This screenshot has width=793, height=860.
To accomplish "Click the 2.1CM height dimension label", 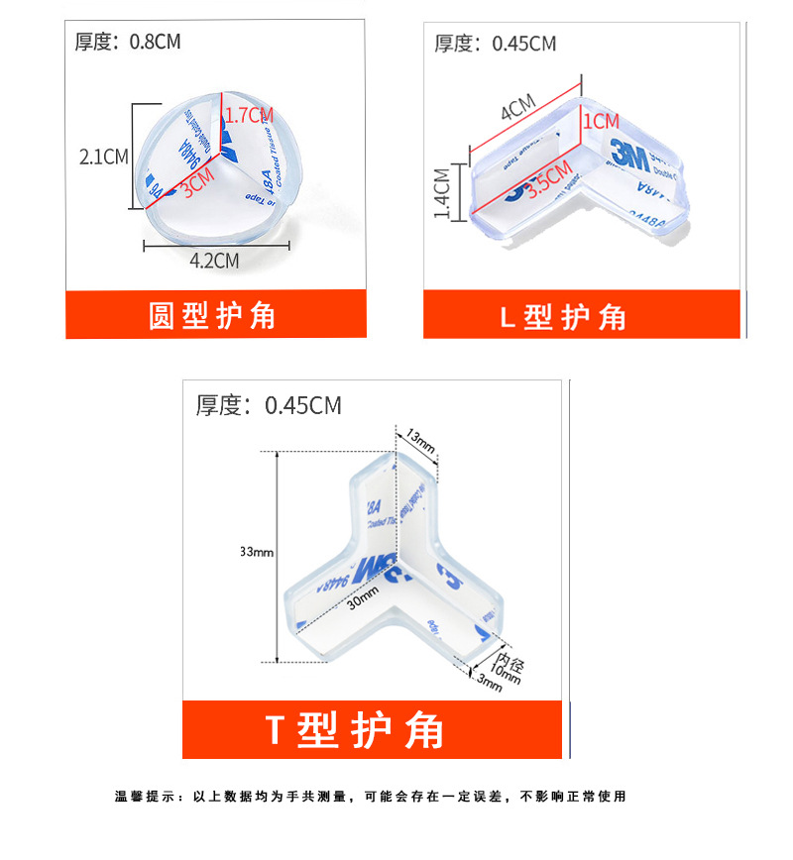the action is pyautogui.click(x=104, y=157).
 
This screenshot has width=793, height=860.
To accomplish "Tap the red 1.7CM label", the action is pyautogui.click(x=249, y=115).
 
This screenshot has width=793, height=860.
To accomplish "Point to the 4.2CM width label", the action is pyautogui.click(x=215, y=261).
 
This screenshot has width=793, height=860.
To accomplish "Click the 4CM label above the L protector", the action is pyautogui.click(x=517, y=106).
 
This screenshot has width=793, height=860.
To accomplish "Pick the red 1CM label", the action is pyautogui.click(x=601, y=121).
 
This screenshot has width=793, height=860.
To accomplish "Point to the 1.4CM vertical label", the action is pyautogui.click(x=442, y=190).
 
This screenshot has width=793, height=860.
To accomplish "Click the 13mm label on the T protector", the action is pyautogui.click(x=419, y=440).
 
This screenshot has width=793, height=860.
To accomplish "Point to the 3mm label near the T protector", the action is pyautogui.click(x=491, y=683).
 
